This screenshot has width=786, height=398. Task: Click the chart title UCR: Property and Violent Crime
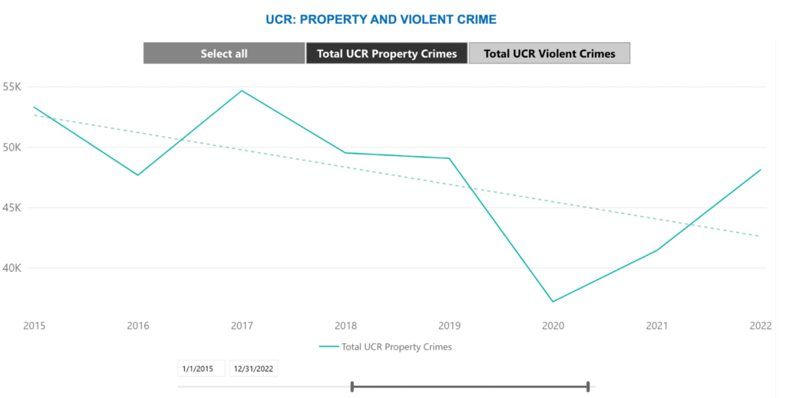tap(381, 18)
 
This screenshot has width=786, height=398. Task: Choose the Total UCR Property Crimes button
tap(386, 54)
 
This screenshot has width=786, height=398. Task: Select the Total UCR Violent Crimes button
tap(550, 54)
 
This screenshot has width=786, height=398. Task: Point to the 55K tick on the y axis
tap(12, 87)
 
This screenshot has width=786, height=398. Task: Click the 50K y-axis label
tap(12, 148)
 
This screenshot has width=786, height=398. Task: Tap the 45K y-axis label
tap(12, 208)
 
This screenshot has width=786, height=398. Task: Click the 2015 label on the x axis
tap(35, 326)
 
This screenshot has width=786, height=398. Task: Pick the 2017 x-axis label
tap(243, 326)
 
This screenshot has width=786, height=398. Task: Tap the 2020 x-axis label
tap(553, 326)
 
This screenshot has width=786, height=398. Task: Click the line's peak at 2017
tap(242, 91)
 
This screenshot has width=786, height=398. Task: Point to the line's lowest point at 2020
tap(553, 301)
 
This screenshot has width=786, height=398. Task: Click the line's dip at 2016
tap(138, 175)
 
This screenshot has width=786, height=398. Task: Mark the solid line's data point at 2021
tap(656, 250)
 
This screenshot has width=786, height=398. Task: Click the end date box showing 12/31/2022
tap(253, 369)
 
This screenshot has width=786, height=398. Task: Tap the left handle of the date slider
tap(352, 386)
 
